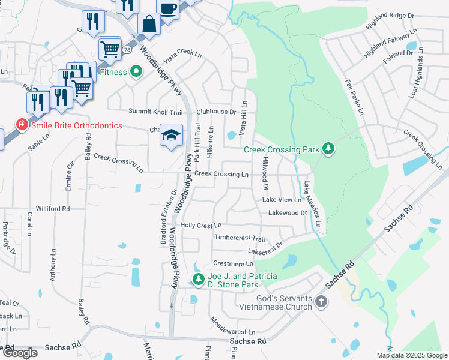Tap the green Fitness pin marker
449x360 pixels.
[x=136, y=72]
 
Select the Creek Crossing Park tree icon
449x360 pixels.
[x=328, y=148]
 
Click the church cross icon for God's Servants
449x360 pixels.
[x=321, y=301]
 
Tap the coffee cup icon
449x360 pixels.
[x=169, y=8]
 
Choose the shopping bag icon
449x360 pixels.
[x=149, y=25]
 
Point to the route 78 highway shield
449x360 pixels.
[x=127, y=50]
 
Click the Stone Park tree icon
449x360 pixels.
[x=198, y=279]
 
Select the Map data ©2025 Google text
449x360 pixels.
[x=412, y=355]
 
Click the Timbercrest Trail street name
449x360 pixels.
[x=240, y=238]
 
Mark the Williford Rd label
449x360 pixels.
[x=53, y=209]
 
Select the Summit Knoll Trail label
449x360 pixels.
[x=155, y=112]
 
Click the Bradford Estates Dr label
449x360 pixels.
[x=167, y=218]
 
